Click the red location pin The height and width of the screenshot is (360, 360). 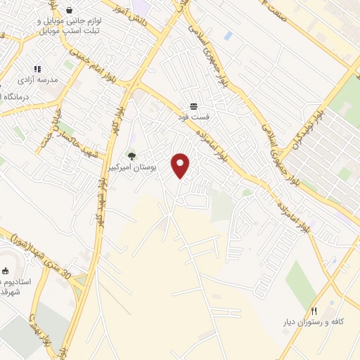point(181,165)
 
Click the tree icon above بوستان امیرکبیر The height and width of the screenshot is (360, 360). point(131,155)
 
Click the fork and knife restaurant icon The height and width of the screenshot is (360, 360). point(314,309)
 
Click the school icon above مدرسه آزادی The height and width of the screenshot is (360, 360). point(37,69)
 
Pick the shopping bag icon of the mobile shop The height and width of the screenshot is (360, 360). point(70,10)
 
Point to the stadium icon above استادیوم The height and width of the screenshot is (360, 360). point(5,271)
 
